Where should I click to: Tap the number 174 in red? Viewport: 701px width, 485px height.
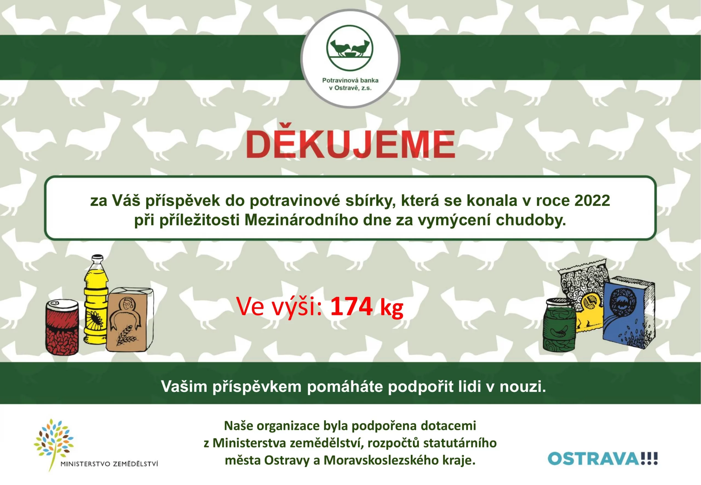351,306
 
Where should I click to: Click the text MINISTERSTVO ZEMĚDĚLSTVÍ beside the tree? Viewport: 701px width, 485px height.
110,464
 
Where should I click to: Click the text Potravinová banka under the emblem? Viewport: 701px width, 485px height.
350,80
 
